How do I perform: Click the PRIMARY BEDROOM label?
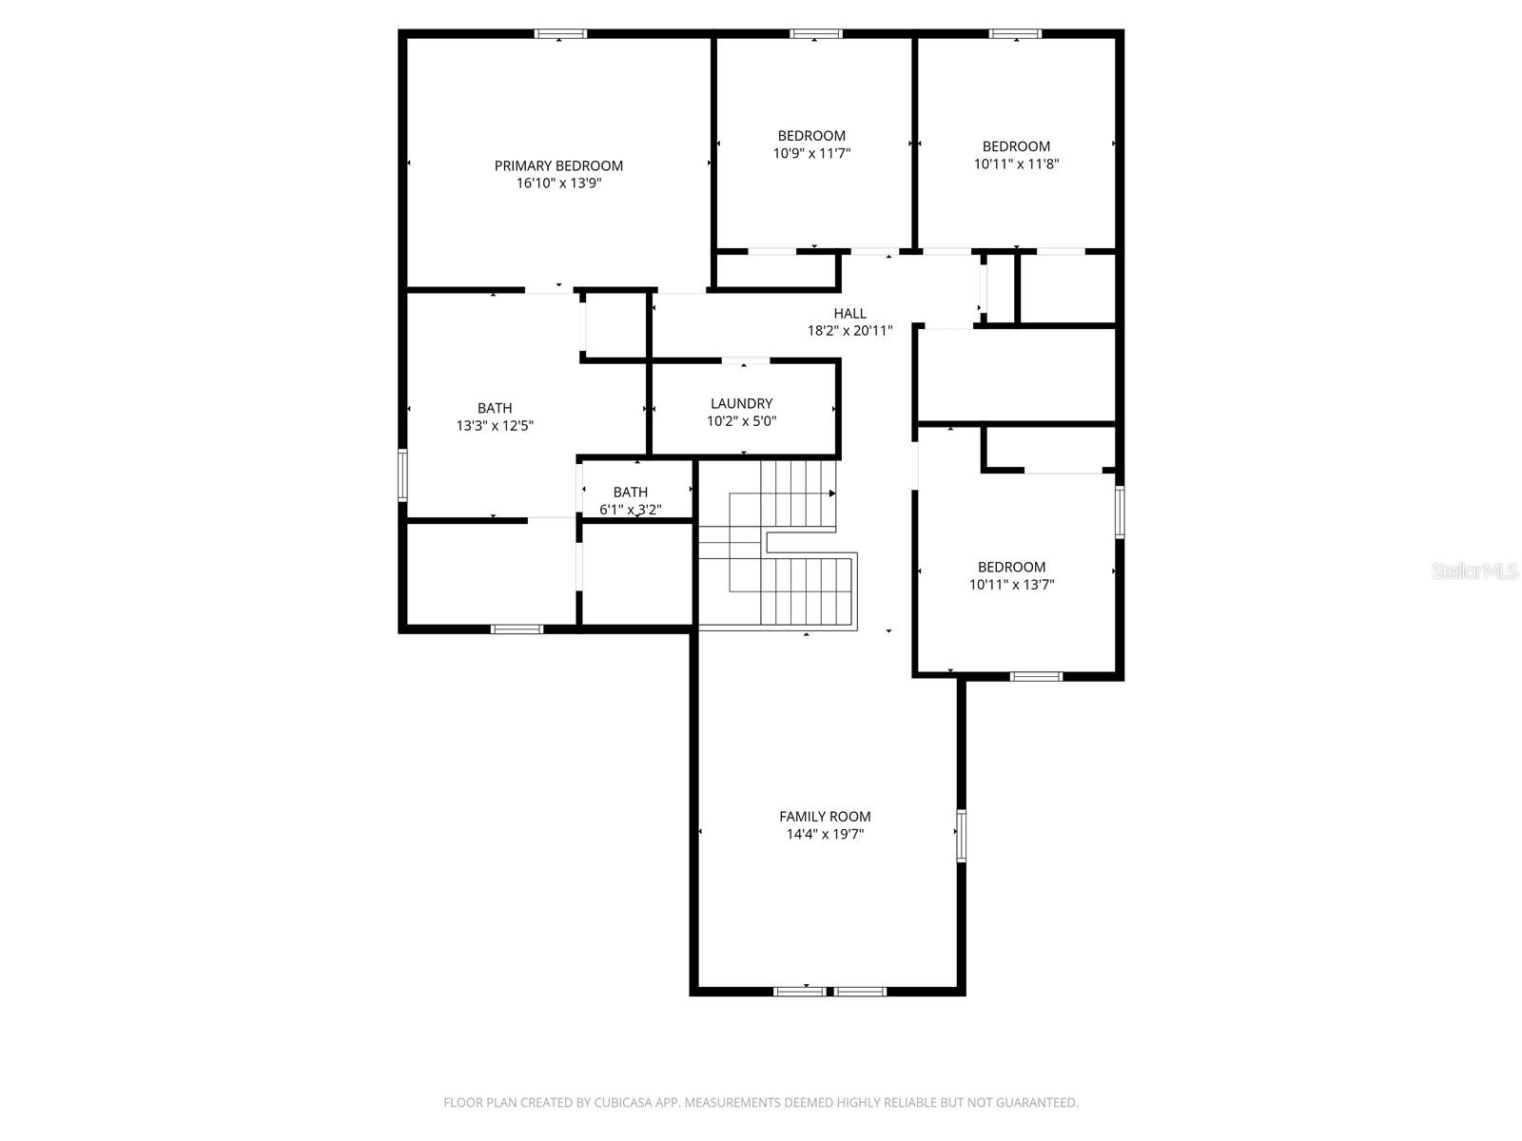coord(558,165)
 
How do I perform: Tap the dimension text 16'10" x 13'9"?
coord(558,183)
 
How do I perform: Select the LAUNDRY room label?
coord(741,403)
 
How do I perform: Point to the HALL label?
coord(849,313)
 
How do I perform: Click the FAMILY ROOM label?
coord(825,816)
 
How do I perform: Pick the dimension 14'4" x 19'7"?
coord(825,834)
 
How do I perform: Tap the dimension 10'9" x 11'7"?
coord(811,153)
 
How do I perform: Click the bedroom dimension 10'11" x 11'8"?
coord(1016,164)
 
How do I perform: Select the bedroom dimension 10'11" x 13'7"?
coord(1011,584)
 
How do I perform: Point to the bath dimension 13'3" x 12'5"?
coord(495,425)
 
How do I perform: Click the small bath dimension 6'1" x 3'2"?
coord(631,510)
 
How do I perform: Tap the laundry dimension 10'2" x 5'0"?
coord(741,420)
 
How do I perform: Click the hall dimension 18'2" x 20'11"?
coord(849,331)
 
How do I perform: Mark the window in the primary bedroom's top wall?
coord(560,33)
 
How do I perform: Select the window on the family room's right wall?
coord(961,835)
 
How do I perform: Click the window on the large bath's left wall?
coord(402,474)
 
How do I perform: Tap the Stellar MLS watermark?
coord(1474,570)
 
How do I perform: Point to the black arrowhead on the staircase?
coord(832,493)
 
